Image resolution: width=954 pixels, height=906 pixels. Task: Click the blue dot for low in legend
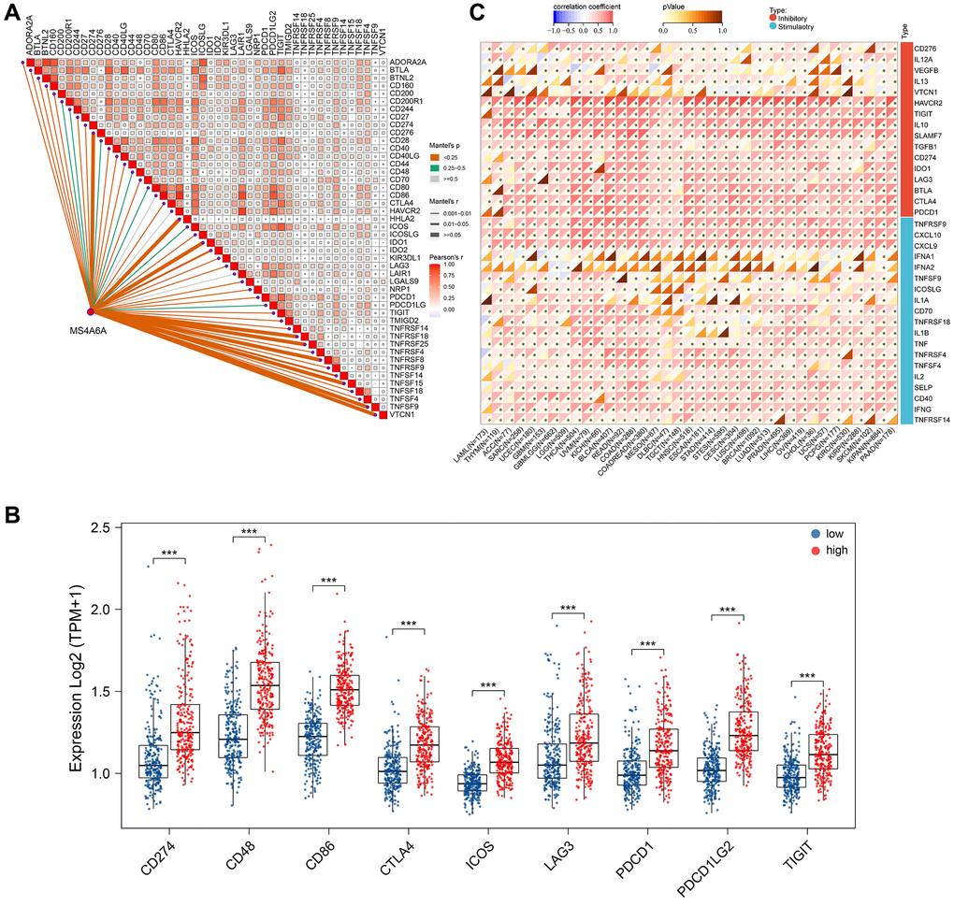tap(816, 533)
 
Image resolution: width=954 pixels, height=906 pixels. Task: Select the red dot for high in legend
tap(816, 551)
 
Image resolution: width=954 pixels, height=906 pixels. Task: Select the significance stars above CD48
tap(249, 532)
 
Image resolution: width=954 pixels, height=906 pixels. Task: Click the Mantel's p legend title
tap(452, 147)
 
